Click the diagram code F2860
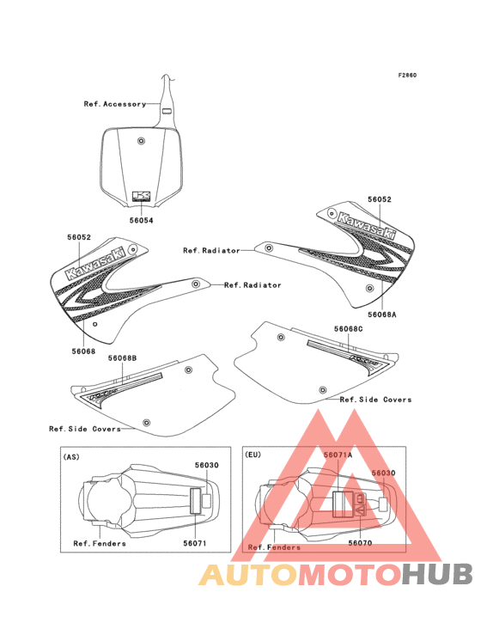tap(407, 75)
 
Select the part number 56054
tap(141, 220)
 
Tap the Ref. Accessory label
tap(115, 104)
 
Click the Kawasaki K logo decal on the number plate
tap(141, 196)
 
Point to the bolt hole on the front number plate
tap(141, 141)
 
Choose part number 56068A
tap(382, 314)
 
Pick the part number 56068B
tap(122, 357)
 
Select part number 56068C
tap(349, 329)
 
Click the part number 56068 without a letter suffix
tap(84, 351)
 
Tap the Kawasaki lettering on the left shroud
tap(96, 262)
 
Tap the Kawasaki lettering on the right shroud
tap(367, 226)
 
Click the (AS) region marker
tap(71, 457)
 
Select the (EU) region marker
tap(253, 455)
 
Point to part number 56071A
tap(338, 455)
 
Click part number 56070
tap(360, 543)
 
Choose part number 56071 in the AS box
tap(195, 543)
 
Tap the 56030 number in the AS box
tap(207, 466)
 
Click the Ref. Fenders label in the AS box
tap(100, 544)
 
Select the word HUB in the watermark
tap(438, 575)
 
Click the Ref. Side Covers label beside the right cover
tap(375, 400)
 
